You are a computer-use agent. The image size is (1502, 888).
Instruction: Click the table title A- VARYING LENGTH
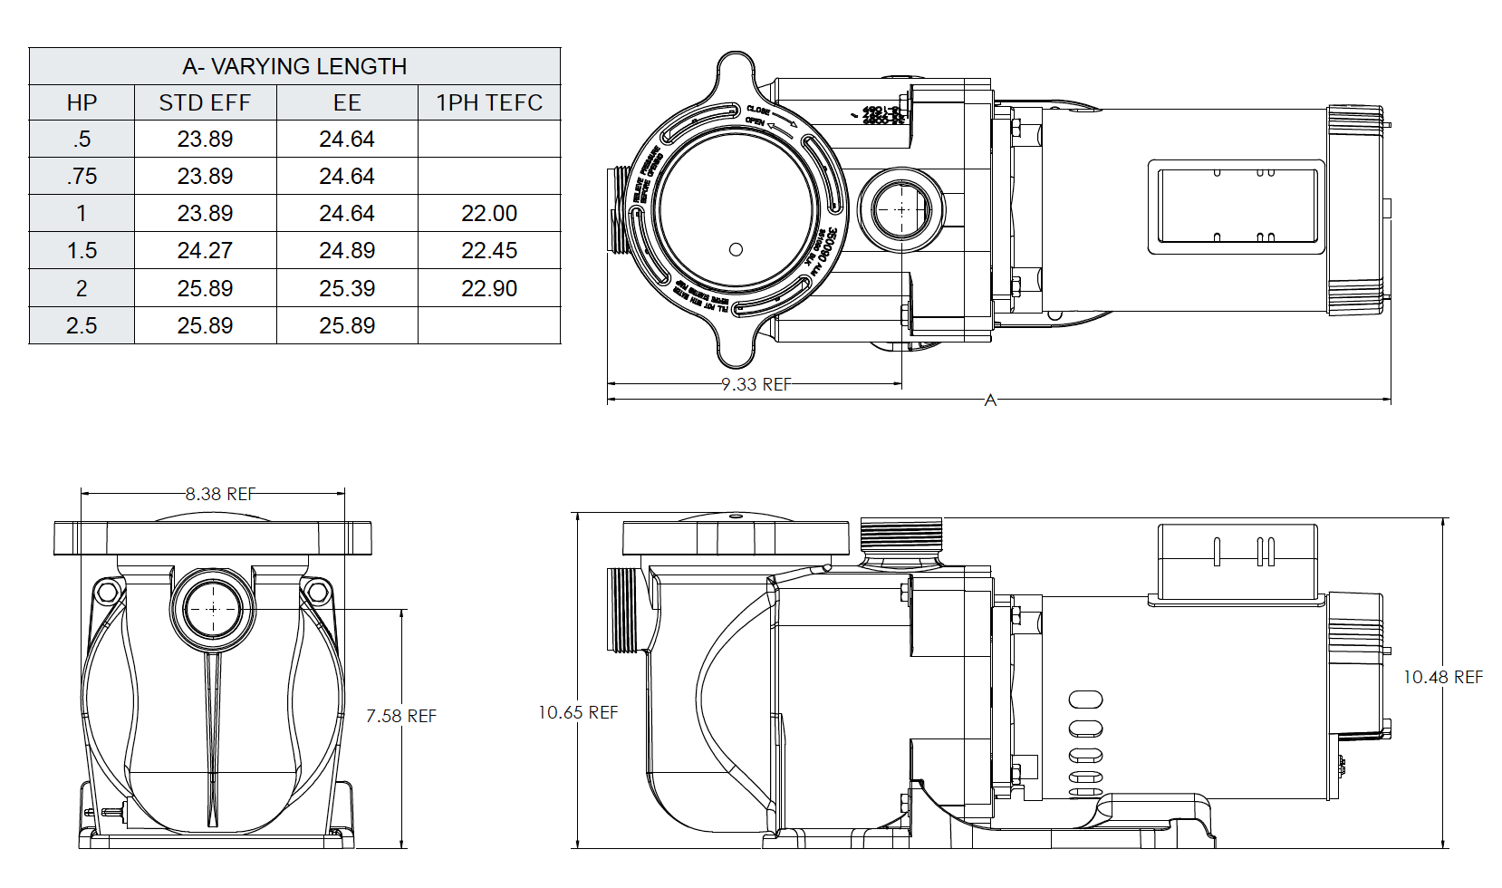(294, 66)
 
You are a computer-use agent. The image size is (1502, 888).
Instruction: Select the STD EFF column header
(205, 102)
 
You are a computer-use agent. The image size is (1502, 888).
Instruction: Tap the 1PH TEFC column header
(489, 102)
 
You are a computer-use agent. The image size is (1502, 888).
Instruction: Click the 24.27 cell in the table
(205, 250)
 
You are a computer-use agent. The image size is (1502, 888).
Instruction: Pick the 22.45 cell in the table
(489, 250)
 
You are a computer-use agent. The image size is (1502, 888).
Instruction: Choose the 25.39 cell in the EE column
(347, 288)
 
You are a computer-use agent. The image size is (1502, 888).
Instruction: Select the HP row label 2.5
(82, 325)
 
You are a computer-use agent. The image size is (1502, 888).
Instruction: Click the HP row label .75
(82, 176)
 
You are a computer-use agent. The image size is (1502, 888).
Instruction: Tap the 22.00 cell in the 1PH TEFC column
(489, 213)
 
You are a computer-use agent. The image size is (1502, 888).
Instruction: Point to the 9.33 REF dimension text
(756, 384)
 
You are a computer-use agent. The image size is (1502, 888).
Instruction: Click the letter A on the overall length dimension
(990, 400)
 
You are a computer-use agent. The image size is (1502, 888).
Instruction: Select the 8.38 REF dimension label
(220, 494)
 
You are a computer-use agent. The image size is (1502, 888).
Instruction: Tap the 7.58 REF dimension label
(401, 716)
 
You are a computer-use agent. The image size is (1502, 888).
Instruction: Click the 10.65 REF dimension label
(578, 712)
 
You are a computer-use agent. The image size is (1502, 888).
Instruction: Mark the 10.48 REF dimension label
(1443, 677)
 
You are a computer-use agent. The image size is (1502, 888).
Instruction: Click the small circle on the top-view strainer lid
(736, 249)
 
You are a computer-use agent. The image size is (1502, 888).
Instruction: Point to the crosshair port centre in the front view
(213, 609)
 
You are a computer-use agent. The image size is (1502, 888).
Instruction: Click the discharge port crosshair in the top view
(901, 209)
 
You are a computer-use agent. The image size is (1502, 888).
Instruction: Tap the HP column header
(82, 102)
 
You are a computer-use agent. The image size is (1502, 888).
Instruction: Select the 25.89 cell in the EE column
(347, 325)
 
